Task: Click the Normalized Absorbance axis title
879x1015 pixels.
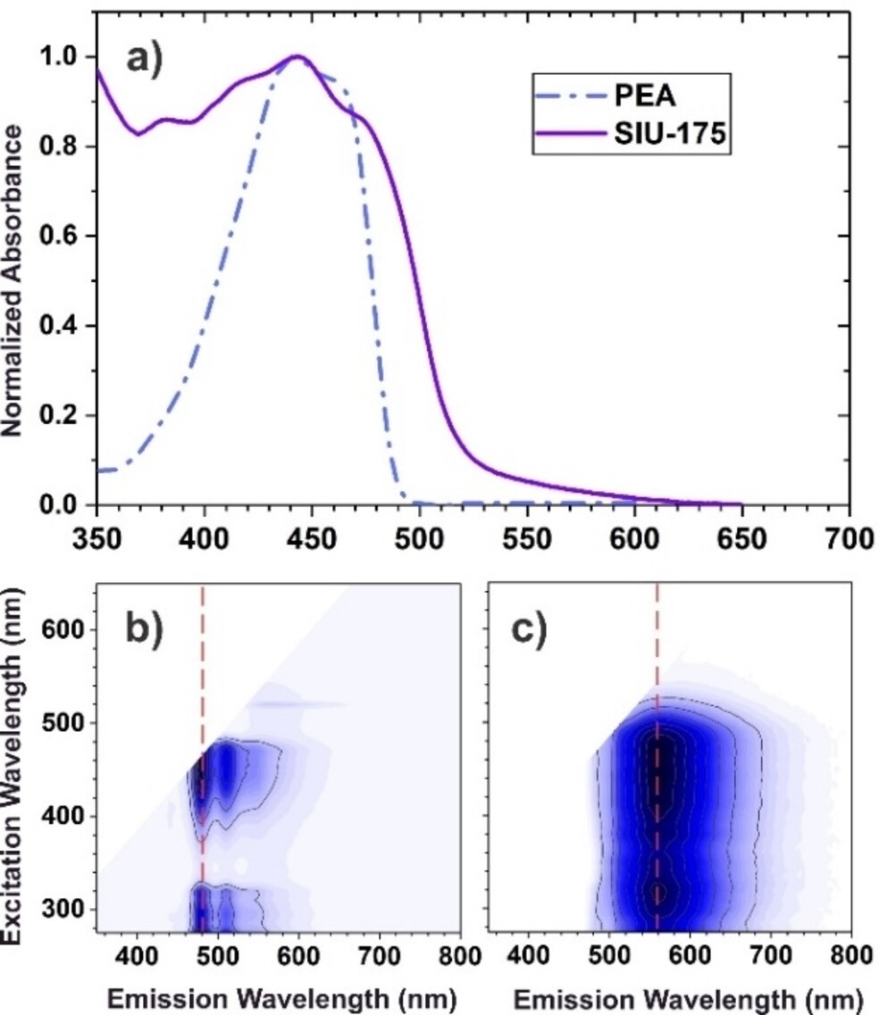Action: tap(13, 280)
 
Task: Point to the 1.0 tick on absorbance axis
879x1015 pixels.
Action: tap(64, 57)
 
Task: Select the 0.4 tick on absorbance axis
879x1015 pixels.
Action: tap(64, 327)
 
